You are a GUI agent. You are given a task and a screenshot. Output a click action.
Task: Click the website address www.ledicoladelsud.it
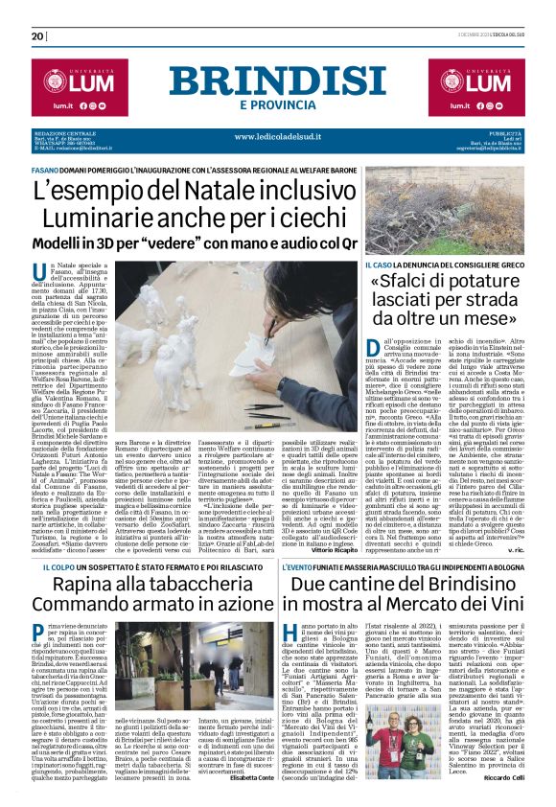[x=277, y=136]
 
